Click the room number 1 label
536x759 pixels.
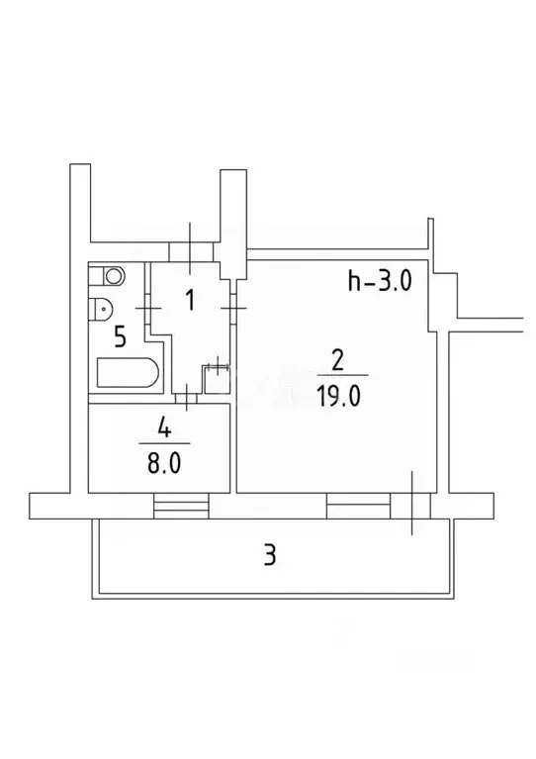[190, 300]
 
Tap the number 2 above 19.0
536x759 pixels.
[337, 361]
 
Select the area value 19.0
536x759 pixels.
[339, 397]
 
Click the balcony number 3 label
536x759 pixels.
[269, 555]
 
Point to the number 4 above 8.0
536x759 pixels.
[164, 428]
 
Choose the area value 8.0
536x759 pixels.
[164, 464]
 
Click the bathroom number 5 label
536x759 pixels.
[120, 336]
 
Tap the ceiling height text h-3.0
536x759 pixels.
[380, 281]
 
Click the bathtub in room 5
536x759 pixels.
[128, 373]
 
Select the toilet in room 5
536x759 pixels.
[100, 309]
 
